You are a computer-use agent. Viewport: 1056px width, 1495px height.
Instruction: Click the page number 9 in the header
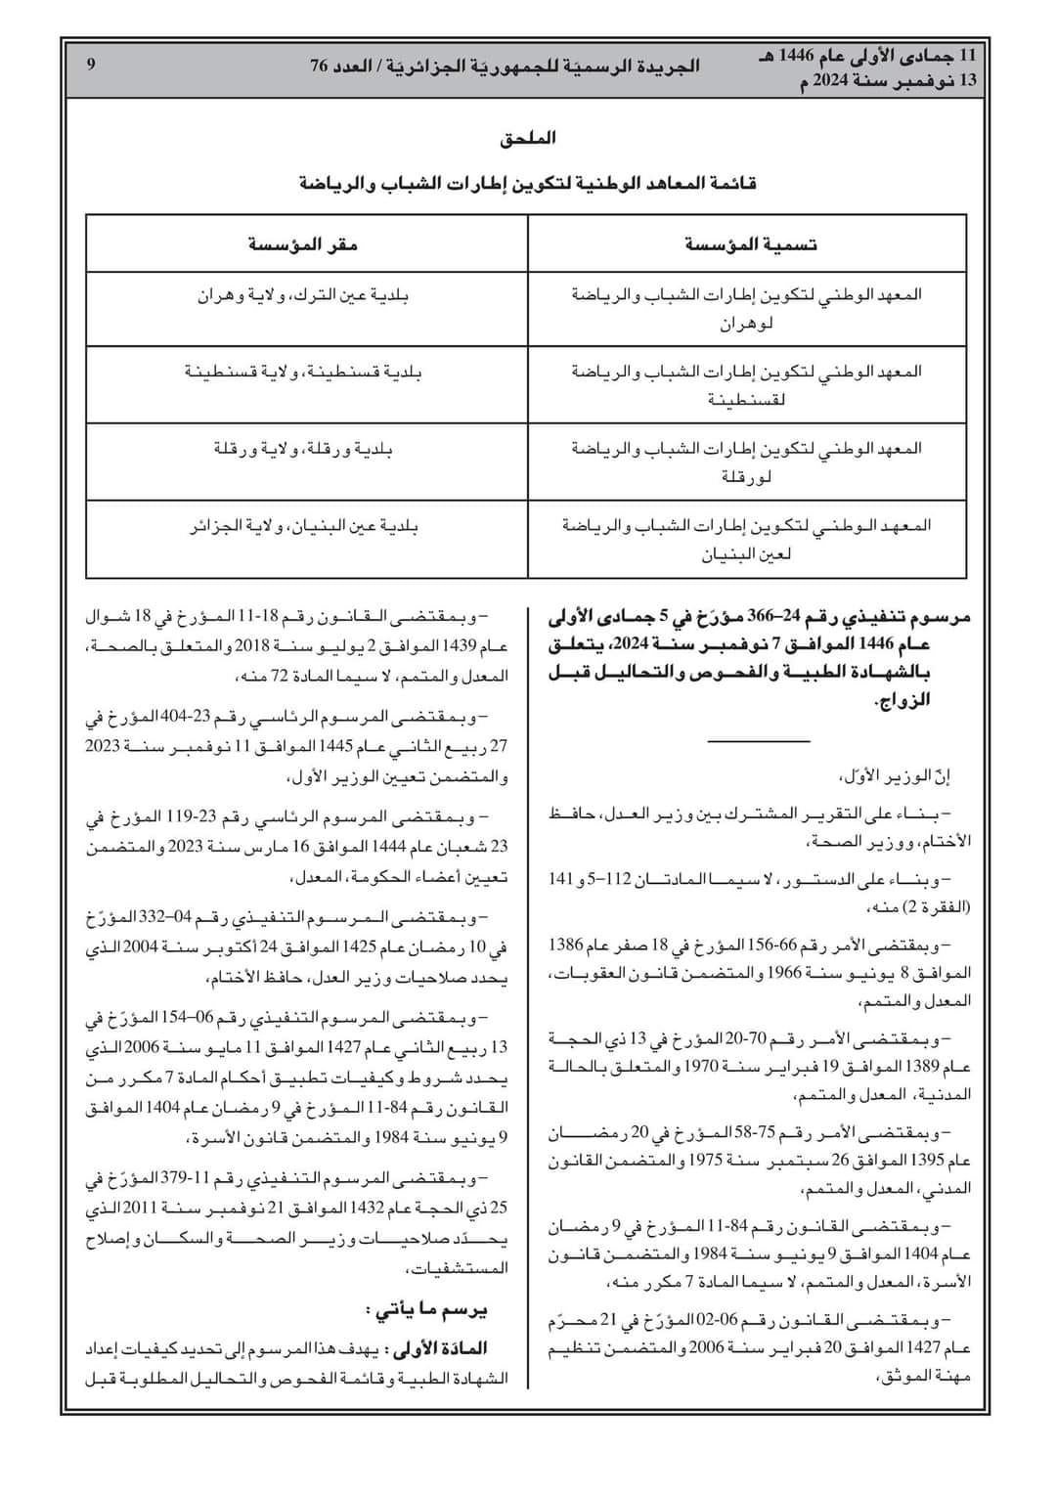(91, 66)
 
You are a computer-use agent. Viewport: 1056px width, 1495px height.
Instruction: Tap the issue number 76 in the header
(320, 66)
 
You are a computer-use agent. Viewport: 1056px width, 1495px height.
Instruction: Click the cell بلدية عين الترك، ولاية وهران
(304, 294)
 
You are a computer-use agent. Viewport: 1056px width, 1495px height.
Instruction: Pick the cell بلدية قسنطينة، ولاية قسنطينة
(304, 372)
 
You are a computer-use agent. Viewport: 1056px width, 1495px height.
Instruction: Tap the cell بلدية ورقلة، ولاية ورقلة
(304, 449)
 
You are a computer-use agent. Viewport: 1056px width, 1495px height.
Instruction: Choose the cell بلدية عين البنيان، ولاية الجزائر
(304, 526)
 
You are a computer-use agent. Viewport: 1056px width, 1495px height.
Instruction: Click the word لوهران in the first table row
(747, 324)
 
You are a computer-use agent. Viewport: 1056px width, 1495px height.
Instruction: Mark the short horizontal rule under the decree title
(759, 742)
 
